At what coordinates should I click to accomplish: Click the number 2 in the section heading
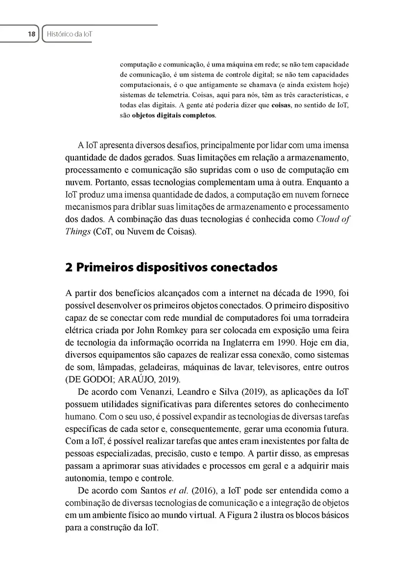[68, 268]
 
